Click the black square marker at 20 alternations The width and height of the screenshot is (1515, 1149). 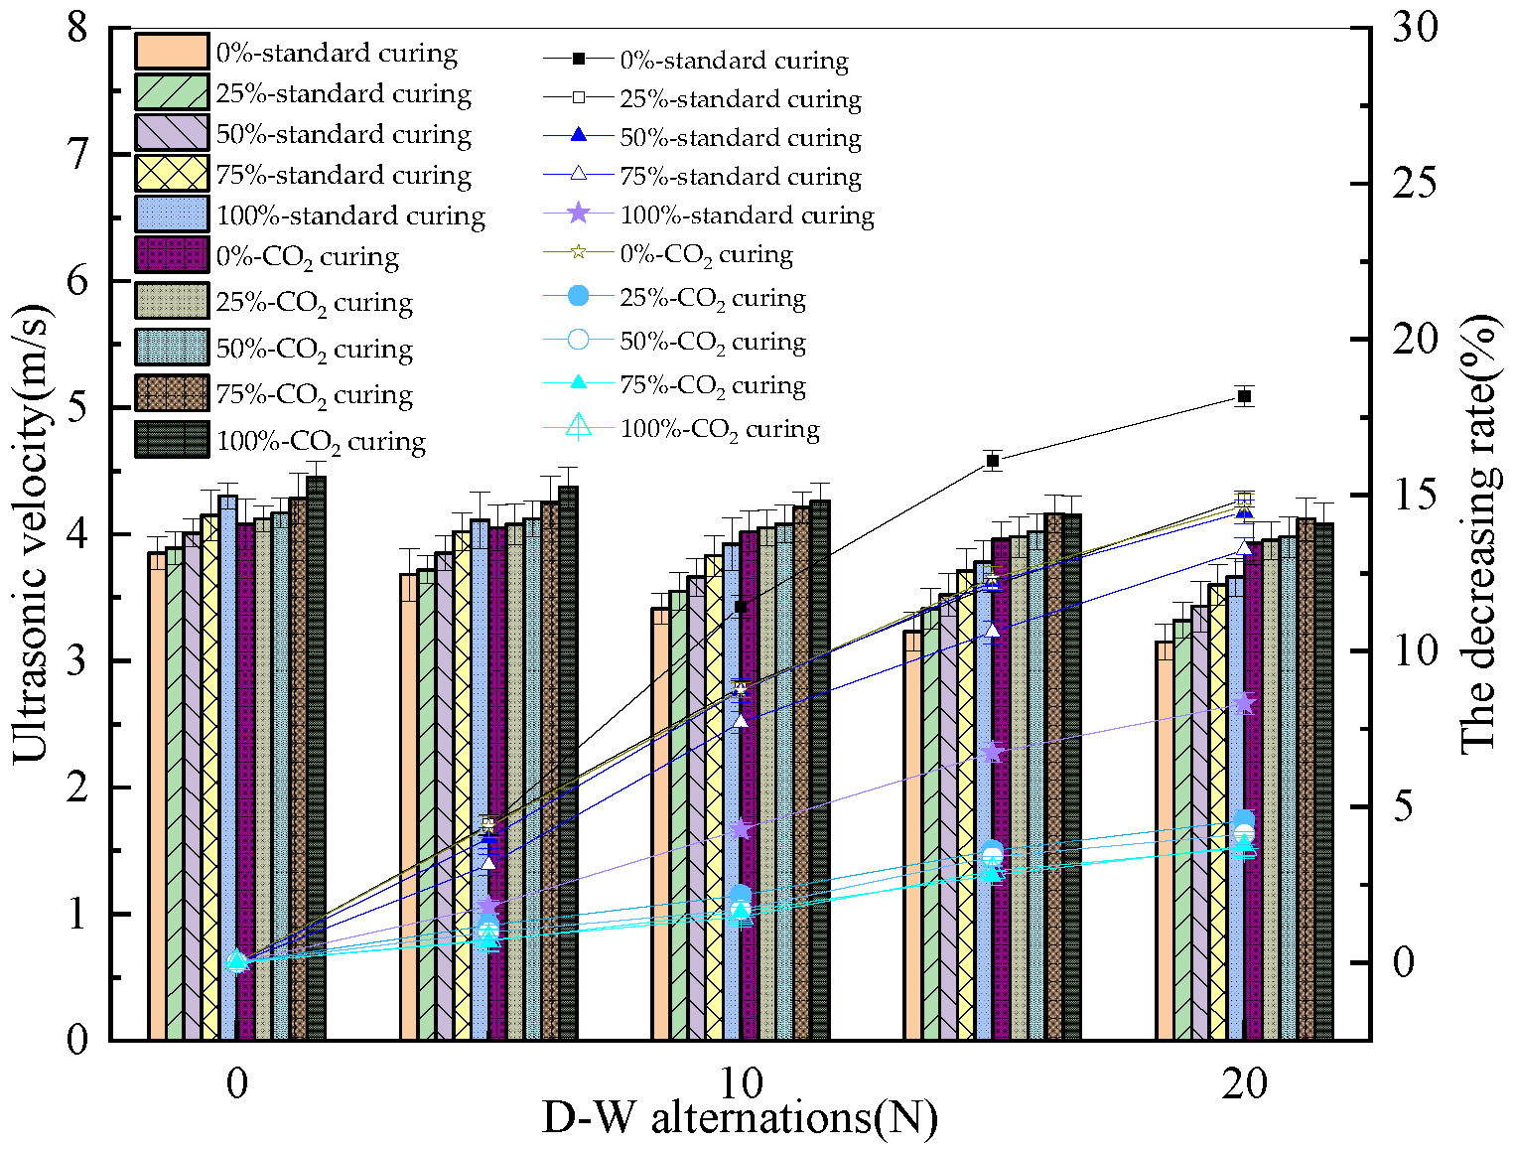1244,396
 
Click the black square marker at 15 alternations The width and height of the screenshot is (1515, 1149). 993,461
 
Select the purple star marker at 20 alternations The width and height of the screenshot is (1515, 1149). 1244,703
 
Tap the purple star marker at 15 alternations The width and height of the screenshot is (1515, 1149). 993,752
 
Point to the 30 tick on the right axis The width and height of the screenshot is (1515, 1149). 1414,28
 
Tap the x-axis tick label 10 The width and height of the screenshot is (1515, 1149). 740,1083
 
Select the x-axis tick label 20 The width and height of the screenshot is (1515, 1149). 1244,1083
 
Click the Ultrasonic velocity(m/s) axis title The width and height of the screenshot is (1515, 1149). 30,534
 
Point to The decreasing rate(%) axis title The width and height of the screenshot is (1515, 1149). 1479,534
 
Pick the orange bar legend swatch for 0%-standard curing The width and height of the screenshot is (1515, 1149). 172,52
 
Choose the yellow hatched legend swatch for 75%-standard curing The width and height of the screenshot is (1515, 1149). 172,174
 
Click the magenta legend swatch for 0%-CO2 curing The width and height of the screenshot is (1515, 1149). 172,255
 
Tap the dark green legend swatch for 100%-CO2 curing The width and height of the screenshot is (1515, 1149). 172,439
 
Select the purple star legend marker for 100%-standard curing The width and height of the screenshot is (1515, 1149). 579,214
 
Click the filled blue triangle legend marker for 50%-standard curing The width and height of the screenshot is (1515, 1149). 579,136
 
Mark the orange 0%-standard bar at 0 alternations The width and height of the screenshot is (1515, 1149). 157,794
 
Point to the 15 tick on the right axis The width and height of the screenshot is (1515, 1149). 1414,496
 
